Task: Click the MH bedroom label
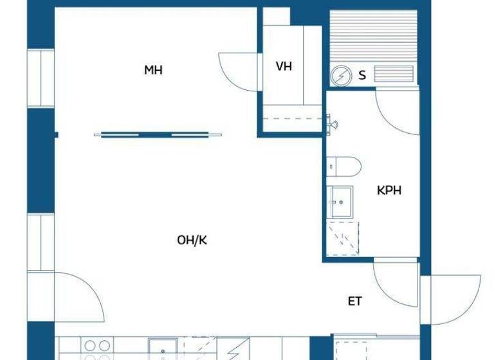(153, 70)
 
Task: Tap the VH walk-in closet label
(284, 66)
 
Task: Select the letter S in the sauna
(362, 76)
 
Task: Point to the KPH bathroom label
(389, 191)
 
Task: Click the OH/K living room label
(192, 240)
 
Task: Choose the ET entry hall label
(355, 301)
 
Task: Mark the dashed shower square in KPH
(342, 239)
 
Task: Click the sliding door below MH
(158, 134)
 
